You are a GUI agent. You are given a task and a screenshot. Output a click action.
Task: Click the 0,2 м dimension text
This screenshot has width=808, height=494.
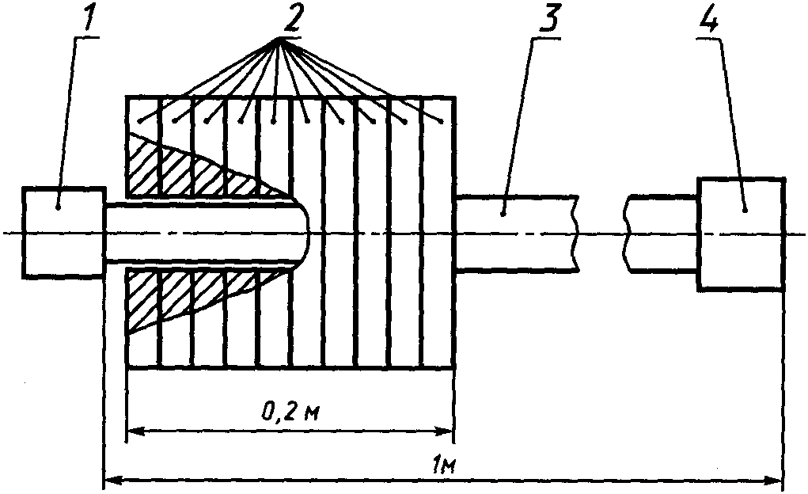tap(290, 412)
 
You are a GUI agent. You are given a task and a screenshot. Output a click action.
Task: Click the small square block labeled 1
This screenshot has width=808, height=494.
tap(63, 232)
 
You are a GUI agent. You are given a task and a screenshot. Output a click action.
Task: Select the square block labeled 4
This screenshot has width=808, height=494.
tap(741, 234)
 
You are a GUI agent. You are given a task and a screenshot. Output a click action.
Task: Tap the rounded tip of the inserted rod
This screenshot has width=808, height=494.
tap(307, 232)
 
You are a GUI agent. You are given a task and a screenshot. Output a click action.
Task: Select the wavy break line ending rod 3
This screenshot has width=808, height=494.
tap(577, 234)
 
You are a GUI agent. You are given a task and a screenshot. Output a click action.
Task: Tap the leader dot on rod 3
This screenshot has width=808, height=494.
tap(503, 213)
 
